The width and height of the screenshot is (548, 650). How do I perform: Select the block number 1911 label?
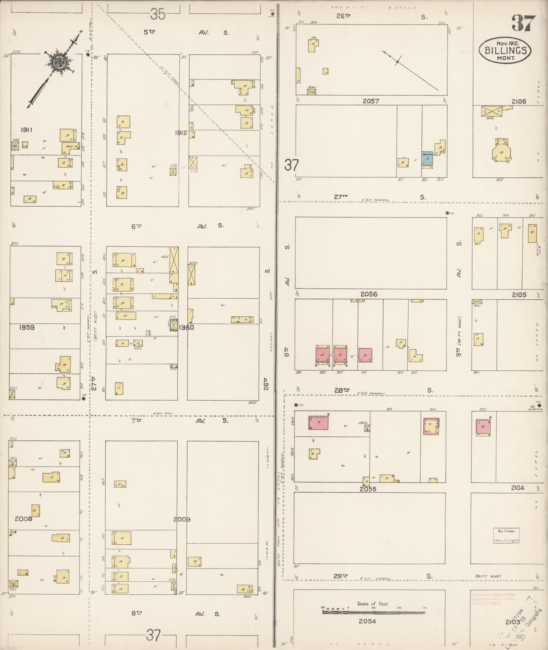pos(26,130)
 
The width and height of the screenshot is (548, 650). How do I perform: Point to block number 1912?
pos(181,133)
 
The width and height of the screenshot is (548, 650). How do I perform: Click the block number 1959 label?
pos(26,328)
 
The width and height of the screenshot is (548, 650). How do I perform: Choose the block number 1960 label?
pos(186,328)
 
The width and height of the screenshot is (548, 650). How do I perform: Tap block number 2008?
pos(23,519)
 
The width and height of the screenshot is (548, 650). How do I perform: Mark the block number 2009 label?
pos(182,519)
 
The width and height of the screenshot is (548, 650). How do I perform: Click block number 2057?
pos(371,101)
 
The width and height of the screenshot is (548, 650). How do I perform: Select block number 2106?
pos(519,101)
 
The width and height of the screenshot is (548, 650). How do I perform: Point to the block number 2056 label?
pos(369,294)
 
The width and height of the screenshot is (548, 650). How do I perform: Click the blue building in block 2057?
pos(427,158)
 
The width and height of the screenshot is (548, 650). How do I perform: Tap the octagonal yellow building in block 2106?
pos(501,151)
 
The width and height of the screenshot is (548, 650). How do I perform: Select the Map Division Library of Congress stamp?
pos(506,535)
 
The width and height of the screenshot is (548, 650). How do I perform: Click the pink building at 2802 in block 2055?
pos(319,423)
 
